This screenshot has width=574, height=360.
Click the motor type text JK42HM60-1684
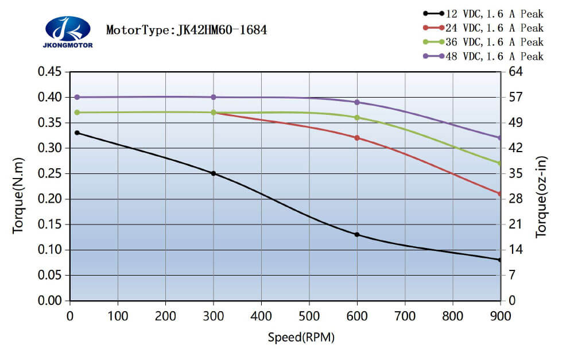coord(187,30)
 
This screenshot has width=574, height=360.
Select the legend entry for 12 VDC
coord(483,13)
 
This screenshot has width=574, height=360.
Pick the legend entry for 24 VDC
coord(483,28)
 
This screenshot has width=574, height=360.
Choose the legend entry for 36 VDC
coord(483,42)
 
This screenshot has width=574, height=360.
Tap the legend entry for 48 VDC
coord(483,56)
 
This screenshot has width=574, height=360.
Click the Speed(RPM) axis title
coord(301,337)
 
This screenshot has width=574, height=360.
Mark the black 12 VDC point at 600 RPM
coord(357,234)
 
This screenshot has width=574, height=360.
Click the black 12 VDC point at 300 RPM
coord(214,173)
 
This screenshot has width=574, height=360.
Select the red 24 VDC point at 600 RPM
coord(357,138)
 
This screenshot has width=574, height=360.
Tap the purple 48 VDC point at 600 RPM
coord(357,102)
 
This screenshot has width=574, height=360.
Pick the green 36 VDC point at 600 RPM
coord(357,117)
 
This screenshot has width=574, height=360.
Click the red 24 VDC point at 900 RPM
coord(500,194)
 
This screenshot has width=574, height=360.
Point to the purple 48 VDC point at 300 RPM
coord(214,97)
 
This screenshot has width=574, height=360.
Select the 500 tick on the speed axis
coord(309,315)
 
